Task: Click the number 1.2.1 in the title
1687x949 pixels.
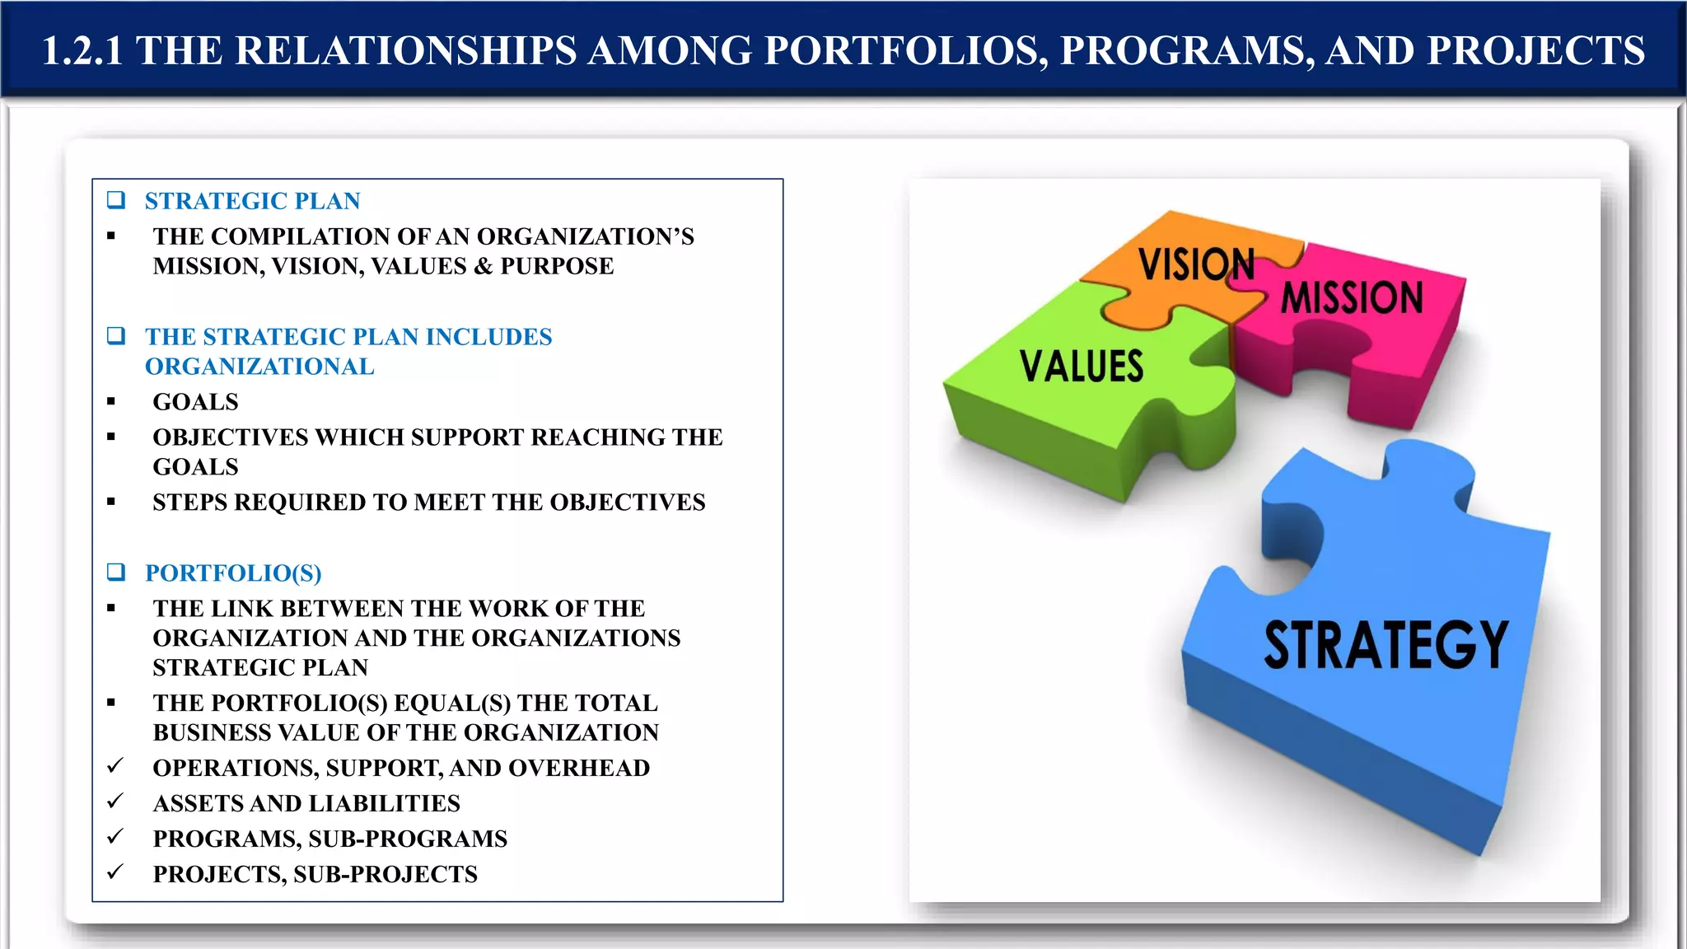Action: click(82, 51)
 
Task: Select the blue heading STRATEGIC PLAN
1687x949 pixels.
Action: click(252, 201)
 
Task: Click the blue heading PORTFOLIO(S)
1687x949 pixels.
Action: click(233, 573)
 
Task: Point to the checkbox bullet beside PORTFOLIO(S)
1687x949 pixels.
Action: click(116, 572)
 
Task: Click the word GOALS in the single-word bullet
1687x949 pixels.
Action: click(195, 402)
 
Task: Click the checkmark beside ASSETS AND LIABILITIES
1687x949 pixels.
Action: click(115, 802)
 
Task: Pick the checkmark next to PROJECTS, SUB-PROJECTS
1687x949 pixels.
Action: click(115, 872)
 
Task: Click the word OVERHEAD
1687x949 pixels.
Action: click(579, 768)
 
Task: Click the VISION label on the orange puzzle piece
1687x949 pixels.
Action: click(1196, 264)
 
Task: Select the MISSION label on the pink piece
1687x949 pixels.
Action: click(1352, 297)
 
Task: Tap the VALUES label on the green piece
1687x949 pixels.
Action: click(1082, 367)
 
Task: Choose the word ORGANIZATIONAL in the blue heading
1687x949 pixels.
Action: click(259, 367)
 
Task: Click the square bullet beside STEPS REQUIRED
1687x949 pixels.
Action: click(111, 502)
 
